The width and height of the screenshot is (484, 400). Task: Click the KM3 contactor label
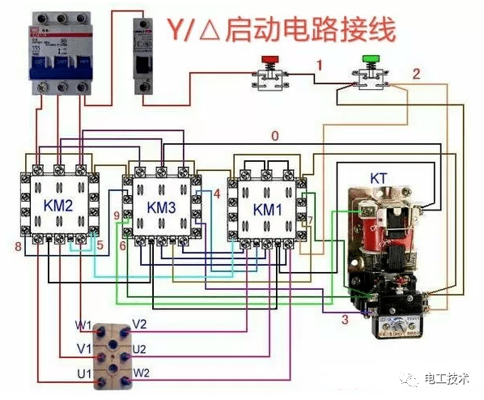162,207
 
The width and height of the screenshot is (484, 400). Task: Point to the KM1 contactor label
269,209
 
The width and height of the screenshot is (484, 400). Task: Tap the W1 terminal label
84,326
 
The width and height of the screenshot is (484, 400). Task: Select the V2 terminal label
140,325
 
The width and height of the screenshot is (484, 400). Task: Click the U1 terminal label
84,373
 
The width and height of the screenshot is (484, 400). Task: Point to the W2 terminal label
141,372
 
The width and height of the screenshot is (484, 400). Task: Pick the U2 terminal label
139,349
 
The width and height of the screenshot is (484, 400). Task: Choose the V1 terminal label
84,349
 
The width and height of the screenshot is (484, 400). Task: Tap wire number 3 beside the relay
344,321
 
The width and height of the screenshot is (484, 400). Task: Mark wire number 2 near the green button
416,74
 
